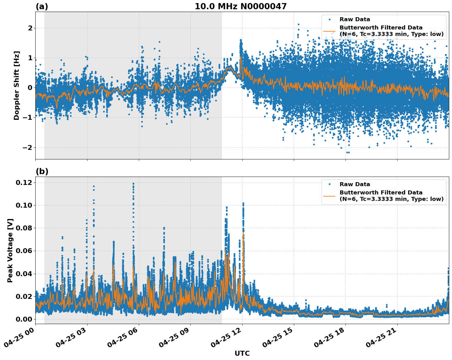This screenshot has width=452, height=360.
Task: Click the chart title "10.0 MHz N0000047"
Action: coord(240,6)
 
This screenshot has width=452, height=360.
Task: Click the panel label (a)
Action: coord(42,6)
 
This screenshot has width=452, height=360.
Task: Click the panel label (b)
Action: coord(42,171)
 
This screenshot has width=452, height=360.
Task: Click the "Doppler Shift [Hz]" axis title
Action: coord(17,85)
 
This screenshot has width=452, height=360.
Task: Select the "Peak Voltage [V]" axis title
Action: coord(10,250)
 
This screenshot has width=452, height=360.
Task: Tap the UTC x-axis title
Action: coord(242,353)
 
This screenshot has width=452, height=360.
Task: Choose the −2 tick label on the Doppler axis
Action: coord(27,147)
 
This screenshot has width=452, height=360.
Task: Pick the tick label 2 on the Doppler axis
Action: coord(30,28)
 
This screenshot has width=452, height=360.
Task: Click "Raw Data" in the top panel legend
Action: coord(355,19)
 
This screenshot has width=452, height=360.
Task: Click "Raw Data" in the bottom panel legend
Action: coord(355,184)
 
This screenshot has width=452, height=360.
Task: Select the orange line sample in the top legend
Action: coord(329,31)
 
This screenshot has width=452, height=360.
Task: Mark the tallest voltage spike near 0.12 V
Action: coord(133,184)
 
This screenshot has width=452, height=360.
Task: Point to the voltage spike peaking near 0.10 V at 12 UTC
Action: coord(243,204)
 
